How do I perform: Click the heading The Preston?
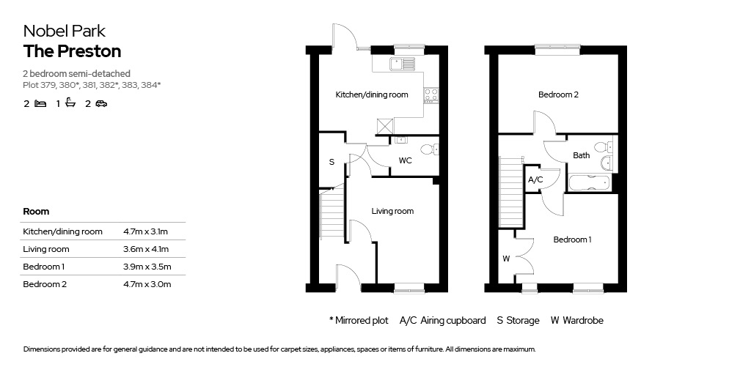[72, 51]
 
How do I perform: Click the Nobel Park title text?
[65, 31]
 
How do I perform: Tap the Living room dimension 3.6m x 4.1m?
[146, 249]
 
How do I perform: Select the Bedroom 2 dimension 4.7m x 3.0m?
[147, 284]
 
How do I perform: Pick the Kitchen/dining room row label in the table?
[63, 232]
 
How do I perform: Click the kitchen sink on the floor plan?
[402, 63]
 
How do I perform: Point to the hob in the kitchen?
[430, 94]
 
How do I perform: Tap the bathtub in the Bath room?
[589, 183]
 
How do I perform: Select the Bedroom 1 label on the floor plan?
[572, 240]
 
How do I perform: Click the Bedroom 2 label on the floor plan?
[558, 94]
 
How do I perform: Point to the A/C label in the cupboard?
[535, 180]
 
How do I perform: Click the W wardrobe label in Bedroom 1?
[506, 259]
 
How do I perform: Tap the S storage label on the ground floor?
[331, 162]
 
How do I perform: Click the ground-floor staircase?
[332, 214]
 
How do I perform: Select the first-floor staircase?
[510, 193]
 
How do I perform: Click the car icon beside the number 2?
[101, 103]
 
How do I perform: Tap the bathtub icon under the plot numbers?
[70, 103]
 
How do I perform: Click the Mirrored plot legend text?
[359, 321]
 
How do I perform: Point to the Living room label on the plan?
[393, 211]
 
